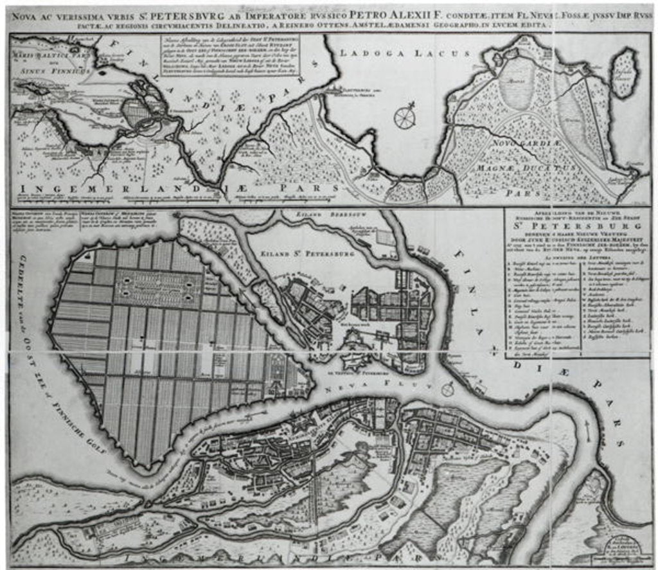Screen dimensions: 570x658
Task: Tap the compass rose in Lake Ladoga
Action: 405,116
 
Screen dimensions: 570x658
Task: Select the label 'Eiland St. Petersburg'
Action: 317,254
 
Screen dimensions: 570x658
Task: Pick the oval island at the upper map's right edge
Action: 623,73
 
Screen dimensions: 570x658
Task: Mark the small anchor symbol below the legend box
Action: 493,351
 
